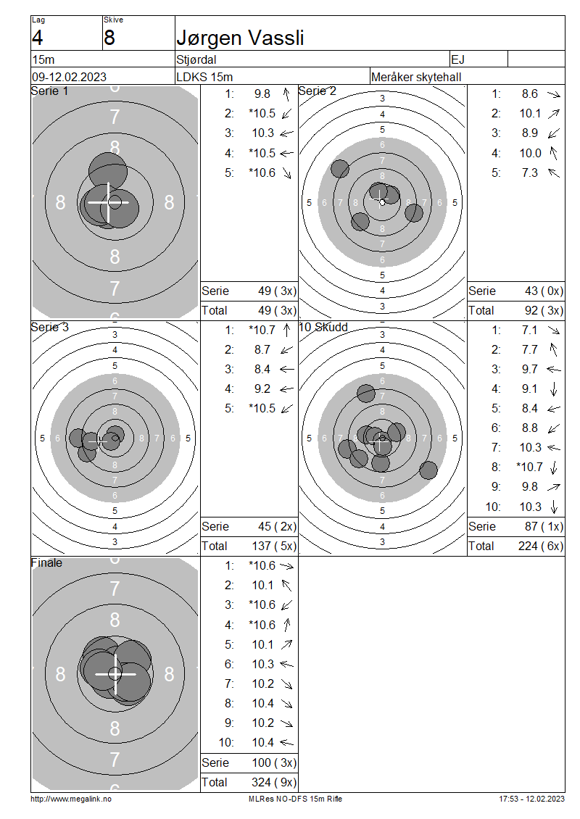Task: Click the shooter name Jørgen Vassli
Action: click(x=240, y=38)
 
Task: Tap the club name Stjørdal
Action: click(x=196, y=59)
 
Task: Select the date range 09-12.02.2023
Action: click(x=69, y=77)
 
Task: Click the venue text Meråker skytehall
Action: click(x=416, y=78)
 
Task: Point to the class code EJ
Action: click(x=457, y=59)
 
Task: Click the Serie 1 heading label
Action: click(x=49, y=91)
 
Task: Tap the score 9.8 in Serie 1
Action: click(x=262, y=94)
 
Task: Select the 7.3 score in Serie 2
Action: click(x=529, y=173)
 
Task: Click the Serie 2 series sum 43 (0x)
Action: click(x=544, y=291)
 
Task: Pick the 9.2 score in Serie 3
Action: click(x=262, y=389)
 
